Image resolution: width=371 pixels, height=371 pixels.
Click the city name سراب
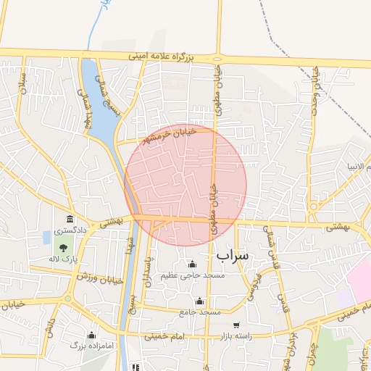click(232, 254)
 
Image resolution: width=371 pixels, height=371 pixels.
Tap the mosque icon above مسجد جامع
click(200, 301)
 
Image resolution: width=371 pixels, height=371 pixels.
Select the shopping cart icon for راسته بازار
click(236, 325)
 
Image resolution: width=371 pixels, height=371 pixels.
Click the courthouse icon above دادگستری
click(70, 219)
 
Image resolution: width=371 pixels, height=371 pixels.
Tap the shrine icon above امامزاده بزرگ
click(91, 335)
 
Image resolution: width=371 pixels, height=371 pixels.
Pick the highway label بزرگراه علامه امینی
click(162, 55)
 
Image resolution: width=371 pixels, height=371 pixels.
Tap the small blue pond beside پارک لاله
click(47, 237)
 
